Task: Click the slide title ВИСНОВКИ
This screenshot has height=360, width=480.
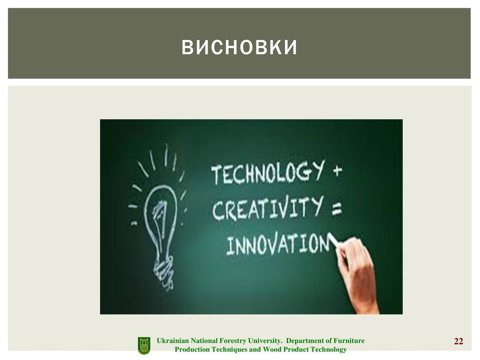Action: coord(240,47)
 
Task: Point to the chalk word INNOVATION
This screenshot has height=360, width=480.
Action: coord(278,244)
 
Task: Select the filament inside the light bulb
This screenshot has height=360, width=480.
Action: coord(160,221)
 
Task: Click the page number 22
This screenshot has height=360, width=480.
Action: coord(458,341)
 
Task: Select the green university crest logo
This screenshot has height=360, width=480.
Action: coord(144,345)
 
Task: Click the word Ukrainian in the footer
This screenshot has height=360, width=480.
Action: coord(173,341)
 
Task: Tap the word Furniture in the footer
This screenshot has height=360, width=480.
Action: coord(349,341)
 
